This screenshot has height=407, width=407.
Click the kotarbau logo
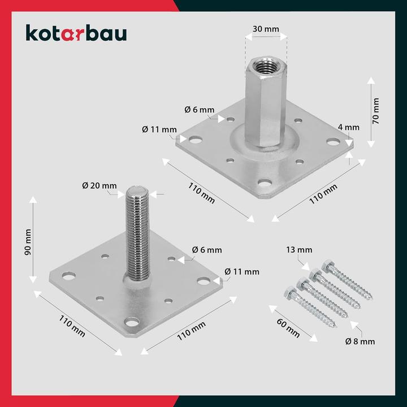(x=76, y=33)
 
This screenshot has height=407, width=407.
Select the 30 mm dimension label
(x=266, y=28)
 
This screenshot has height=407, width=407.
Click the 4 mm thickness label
(x=348, y=127)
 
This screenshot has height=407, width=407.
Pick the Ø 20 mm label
(x=99, y=185)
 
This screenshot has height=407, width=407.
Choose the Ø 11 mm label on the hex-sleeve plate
(x=159, y=129)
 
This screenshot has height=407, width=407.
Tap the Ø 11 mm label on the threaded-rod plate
(x=242, y=272)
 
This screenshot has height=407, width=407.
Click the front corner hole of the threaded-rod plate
(x=132, y=322)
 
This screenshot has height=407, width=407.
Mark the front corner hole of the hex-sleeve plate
(x=265, y=183)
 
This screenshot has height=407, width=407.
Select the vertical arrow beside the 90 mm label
(x=33, y=240)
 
